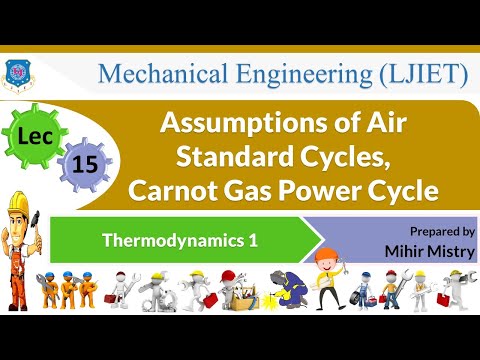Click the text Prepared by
(443, 230)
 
